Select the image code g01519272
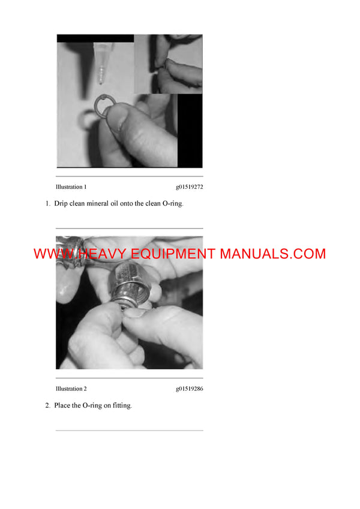click(x=189, y=187)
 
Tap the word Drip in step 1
click(x=61, y=204)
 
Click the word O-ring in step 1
click(x=172, y=204)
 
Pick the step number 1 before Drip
click(x=47, y=204)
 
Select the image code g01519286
click(x=189, y=388)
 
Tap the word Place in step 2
click(x=63, y=406)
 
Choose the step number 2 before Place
click(x=47, y=406)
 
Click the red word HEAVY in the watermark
click(x=103, y=254)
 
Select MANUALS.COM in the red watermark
click(x=272, y=254)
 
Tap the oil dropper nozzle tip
click(x=102, y=81)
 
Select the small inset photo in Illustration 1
click(x=168, y=63)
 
